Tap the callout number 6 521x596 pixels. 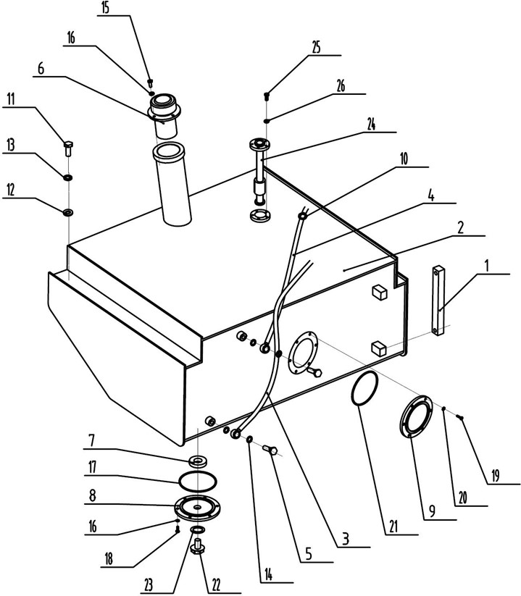pos(41,69)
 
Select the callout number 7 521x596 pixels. pos(93,440)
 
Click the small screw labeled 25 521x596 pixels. pos(267,95)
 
